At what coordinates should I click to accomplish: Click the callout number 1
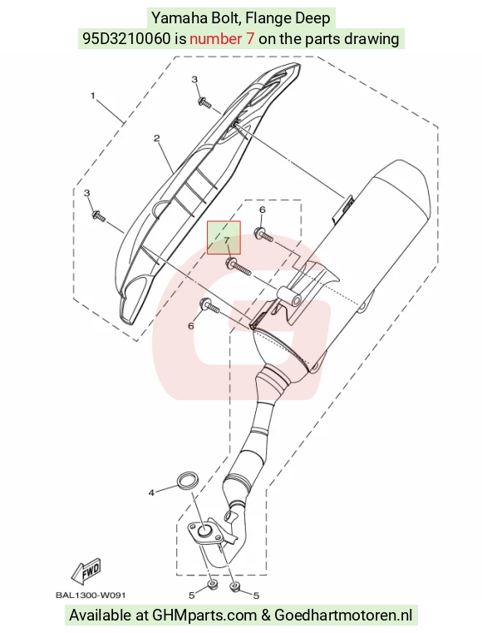click(x=93, y=96)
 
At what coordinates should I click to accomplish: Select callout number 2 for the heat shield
click(x=157, y=138)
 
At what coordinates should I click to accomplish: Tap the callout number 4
click(x=151, y=492)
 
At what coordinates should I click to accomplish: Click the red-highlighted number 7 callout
click(x=227, y=240)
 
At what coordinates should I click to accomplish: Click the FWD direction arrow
click(x=86, y=571)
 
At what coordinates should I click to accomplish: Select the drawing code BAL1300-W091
click(x=91, y=595)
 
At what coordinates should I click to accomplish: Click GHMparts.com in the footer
click(x=204, y=616)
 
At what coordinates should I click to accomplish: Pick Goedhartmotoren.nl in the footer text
click(x=343, y=616)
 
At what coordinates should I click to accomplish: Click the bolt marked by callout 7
click(x=239, y=266)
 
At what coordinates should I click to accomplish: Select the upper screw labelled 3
click(x=204, y=102)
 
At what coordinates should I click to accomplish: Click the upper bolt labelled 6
click(x=263, y=235)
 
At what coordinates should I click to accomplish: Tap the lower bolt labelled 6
click(x=209, y=306)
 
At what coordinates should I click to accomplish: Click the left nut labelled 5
click(x=211, y=585)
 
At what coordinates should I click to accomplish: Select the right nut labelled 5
click(x=234, y=586)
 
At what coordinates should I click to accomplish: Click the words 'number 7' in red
click(x=222, y=39)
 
